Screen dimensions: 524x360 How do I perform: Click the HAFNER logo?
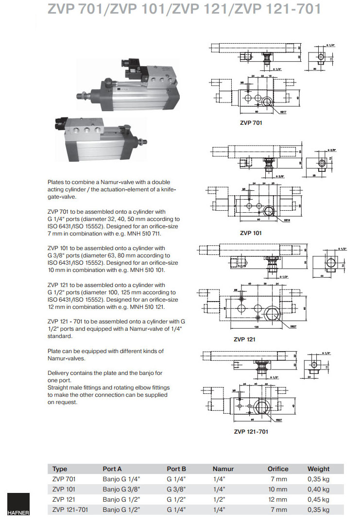(18, 505)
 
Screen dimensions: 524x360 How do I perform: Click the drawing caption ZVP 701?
(251, 123)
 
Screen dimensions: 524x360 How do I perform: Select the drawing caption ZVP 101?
(251, 233)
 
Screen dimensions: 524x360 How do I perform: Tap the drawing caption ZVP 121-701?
(251, 431)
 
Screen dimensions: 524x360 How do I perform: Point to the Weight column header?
(318, 469)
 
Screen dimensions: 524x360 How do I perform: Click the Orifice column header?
(278, 469)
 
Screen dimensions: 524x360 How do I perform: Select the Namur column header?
(223, 469)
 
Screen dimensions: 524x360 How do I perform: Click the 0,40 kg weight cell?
(318, 489)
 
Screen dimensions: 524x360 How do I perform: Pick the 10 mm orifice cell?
(278, 489)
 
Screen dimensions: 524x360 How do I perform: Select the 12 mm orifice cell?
(278, 499)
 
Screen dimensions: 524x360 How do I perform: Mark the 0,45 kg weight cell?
(318, 499)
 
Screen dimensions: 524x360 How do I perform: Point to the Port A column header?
(112, 469)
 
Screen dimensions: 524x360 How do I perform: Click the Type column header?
(60, 469)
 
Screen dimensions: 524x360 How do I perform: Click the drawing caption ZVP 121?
(244, 339)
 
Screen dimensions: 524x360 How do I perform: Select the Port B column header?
(176, 469)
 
